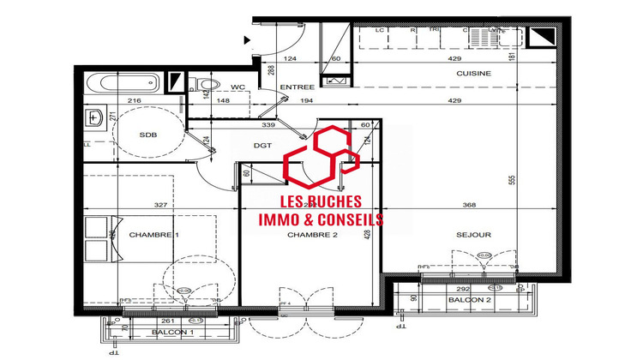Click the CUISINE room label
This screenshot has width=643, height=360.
tap(472, 74)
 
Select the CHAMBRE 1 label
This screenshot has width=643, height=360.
tap(155, 234)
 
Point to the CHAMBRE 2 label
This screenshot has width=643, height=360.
tap(311, 235)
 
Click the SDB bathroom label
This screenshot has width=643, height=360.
tap(148, 135)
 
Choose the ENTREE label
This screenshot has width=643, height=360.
tap(297, 87)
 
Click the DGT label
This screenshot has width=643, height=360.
tap(262, 146)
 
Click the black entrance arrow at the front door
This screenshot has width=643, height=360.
tap(247, 39)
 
